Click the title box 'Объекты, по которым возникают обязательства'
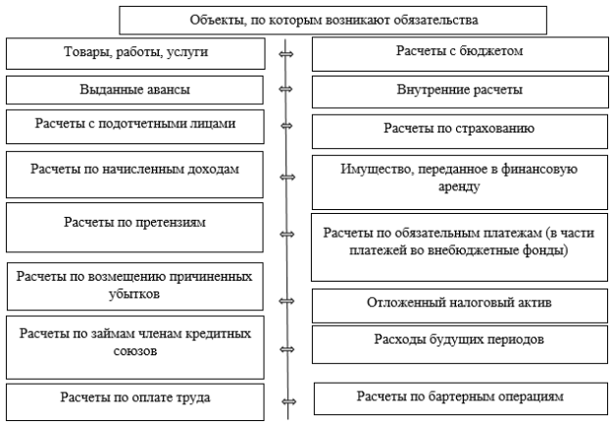pos(332,21)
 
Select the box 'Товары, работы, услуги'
pos(135,53)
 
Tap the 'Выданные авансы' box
pos(134,90)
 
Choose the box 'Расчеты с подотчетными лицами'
pos(135,127)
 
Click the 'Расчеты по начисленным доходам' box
pos(134,175)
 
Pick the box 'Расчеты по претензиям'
pos(134,228)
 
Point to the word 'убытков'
pos(134,293)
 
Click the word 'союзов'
pos(135,350)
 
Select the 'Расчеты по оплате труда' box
pos(135,401)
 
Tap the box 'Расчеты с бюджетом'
pos(460,54)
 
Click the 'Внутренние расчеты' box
pos(460,91)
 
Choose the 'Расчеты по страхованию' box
pos(460,132)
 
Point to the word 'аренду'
pos(459,186)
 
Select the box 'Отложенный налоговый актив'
pos(460,305)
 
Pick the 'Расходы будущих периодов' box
pos(460,344)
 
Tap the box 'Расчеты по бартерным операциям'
pos(461,398)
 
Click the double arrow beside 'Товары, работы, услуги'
pos(286,54)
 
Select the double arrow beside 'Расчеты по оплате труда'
pos(288,401)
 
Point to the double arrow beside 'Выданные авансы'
pos(285,89)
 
